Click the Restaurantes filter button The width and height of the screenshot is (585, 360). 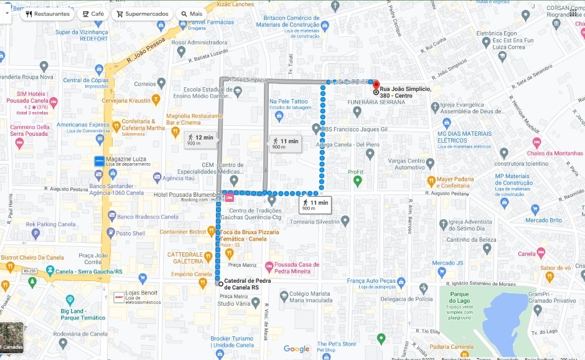click(47, 14)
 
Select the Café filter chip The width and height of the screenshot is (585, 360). click(93, 14)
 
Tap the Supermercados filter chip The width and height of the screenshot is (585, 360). click(142, 14)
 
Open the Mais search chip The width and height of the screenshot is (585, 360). click(191, 14)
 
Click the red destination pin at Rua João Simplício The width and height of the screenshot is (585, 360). click(376, 84)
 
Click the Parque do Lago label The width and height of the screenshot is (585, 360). click(459, 298)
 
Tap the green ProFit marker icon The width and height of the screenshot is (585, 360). click(357, 181)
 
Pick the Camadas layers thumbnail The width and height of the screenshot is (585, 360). click(12, 338)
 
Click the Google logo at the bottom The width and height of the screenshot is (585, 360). click(297, 349)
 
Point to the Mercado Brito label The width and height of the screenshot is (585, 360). click(543, 220)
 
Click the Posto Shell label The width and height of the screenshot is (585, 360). click(130, 234)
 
